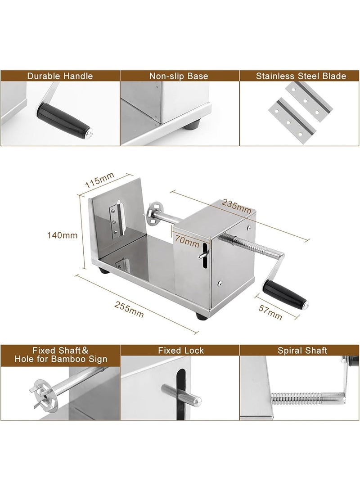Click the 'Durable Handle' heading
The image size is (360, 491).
(x=60, y=76)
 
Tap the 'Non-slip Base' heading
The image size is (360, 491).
(x=179, y=76)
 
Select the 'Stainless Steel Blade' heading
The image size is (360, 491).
(x=301, y=76)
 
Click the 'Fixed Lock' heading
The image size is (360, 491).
(x=180, y=351)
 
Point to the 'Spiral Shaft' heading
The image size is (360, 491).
(x=302, y=351)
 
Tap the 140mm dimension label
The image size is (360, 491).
(x=62, y=235)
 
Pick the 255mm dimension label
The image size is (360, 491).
(x=129, y=309)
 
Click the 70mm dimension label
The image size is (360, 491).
(x=187, y=240)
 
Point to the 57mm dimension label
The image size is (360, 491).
(x=270, y=312)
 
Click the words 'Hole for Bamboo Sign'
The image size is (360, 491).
(x=61, y=359)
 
